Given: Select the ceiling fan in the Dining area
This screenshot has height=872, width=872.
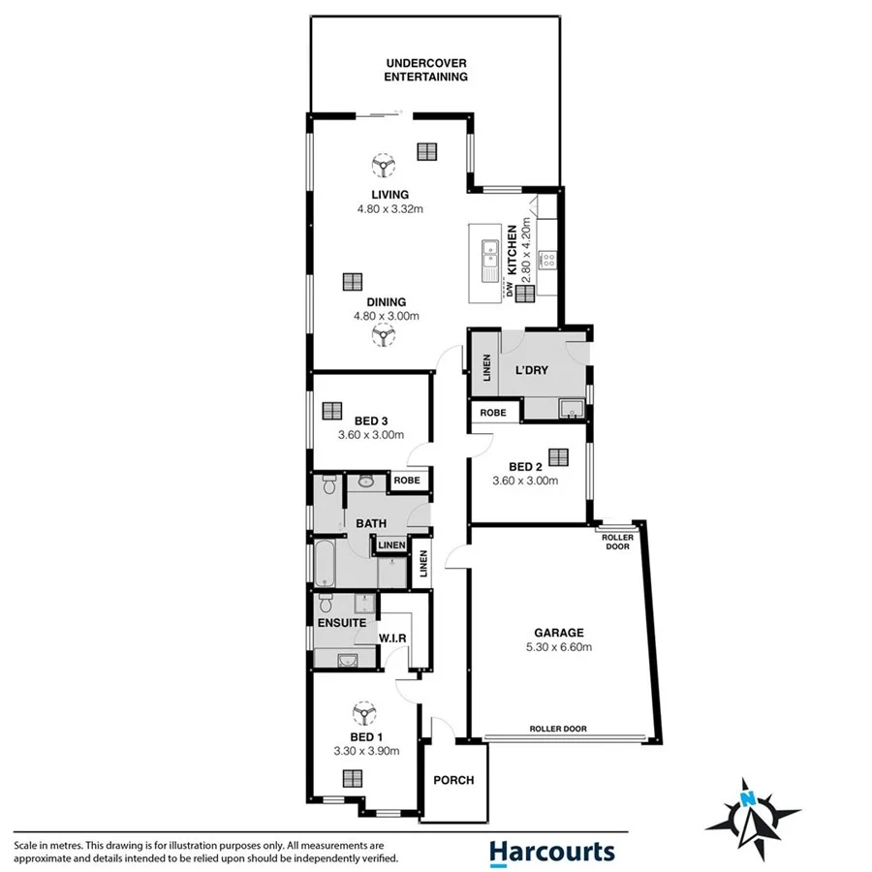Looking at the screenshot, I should pos(385,336).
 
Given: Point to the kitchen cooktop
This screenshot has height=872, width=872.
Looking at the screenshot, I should pos(547,259).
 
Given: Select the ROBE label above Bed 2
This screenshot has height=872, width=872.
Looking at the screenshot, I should pos(493,413).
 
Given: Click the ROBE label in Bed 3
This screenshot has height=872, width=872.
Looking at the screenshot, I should pos(406,481).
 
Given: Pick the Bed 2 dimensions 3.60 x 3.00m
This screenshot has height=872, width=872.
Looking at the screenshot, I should pos(526,481).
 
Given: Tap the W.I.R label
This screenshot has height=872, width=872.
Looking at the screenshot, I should pos(392,638).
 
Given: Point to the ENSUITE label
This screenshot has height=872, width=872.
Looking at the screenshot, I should pos(341,623).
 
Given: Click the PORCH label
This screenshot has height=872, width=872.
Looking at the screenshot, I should pos(453,781).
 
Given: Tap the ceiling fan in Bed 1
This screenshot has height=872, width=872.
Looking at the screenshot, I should pos(366,716).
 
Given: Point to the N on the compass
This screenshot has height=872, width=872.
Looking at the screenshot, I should pos(747,798).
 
